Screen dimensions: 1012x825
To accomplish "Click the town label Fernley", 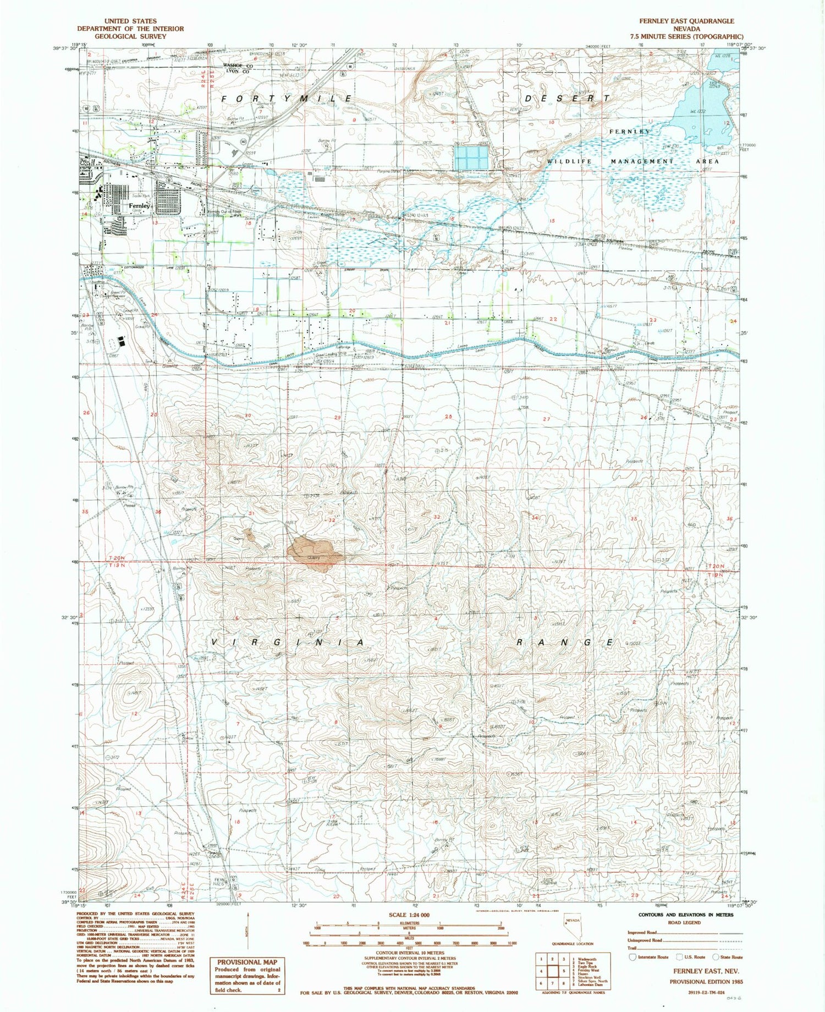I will point(139,206).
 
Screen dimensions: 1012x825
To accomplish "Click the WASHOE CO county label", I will point(237,65).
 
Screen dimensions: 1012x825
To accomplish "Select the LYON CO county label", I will point(235,72).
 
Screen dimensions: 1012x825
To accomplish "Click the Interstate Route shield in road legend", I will point(632,957).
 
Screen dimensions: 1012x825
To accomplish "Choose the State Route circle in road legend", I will point(716,957).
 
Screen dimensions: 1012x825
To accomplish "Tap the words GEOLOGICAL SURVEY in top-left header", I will point(130,36).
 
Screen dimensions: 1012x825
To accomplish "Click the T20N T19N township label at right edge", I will point(717,569).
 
